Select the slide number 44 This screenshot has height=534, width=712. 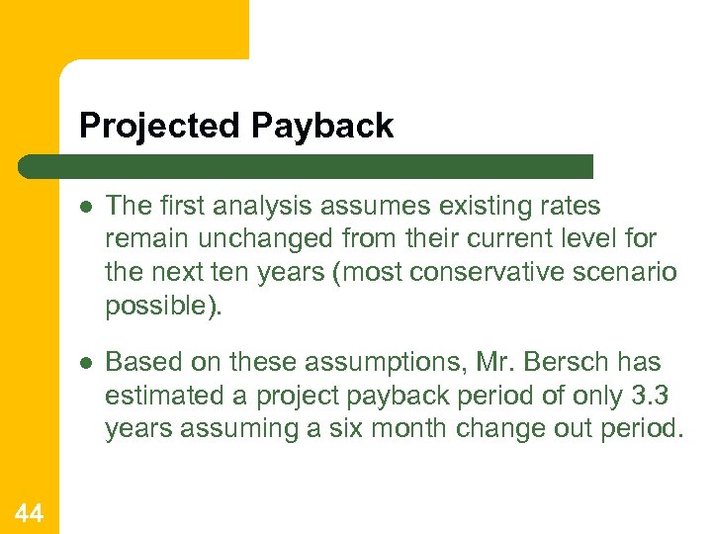click(29, 512)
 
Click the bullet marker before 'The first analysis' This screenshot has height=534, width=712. click(87, 207)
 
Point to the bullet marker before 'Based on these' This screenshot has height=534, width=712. click(87, 363)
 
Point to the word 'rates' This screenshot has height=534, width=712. click(567, 206)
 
